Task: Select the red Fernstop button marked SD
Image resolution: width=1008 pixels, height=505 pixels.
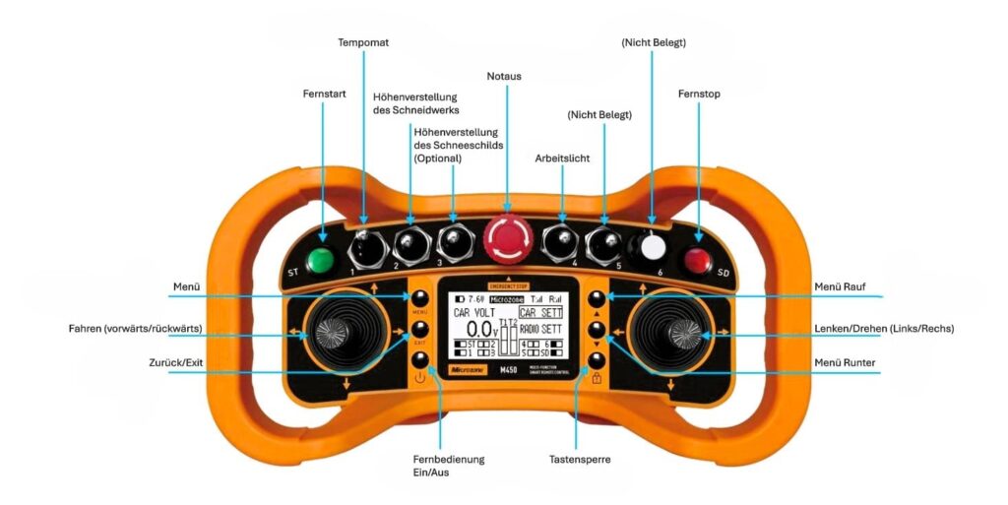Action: point(699,262)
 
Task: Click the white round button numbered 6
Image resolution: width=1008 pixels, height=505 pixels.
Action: point(651,245)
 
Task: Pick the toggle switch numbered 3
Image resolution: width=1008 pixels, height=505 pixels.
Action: point(453,238)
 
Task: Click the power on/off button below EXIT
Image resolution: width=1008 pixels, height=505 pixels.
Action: point(420,360)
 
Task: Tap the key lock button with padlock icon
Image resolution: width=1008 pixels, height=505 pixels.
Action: point(597,360)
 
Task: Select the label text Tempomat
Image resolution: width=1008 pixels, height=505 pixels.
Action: point(362,43)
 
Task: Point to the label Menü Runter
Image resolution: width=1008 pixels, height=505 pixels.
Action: point(845,362)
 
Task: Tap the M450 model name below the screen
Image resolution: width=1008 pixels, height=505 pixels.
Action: point(525,371)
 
